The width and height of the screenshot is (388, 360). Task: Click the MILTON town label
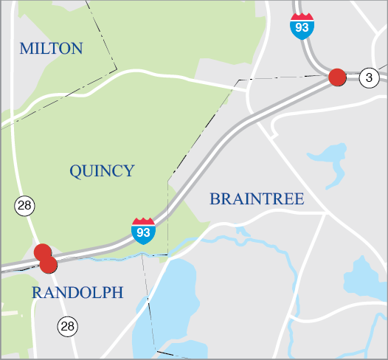click(51, 49)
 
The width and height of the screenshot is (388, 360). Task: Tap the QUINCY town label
click(102, 171)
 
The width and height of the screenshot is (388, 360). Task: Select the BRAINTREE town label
click(257, 199)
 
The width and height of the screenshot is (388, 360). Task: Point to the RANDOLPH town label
click(77, 293)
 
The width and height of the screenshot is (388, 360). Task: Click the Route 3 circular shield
click(369, 77)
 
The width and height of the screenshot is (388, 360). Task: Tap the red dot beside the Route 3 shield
click(337, 77)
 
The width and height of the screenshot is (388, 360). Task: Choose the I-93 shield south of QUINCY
click(143, 231)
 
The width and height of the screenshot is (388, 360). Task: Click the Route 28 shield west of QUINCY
click(24, 206)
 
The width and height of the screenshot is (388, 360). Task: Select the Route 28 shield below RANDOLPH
click(68, 325)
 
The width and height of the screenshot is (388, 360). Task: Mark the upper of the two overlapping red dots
click(43, 252)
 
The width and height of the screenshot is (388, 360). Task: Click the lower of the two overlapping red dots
click(49, 264)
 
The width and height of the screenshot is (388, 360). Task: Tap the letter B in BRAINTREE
click(215, 199)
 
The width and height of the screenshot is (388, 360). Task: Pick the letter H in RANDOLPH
click(117, 293)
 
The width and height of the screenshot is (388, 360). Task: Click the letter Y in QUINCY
click(129, 171)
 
